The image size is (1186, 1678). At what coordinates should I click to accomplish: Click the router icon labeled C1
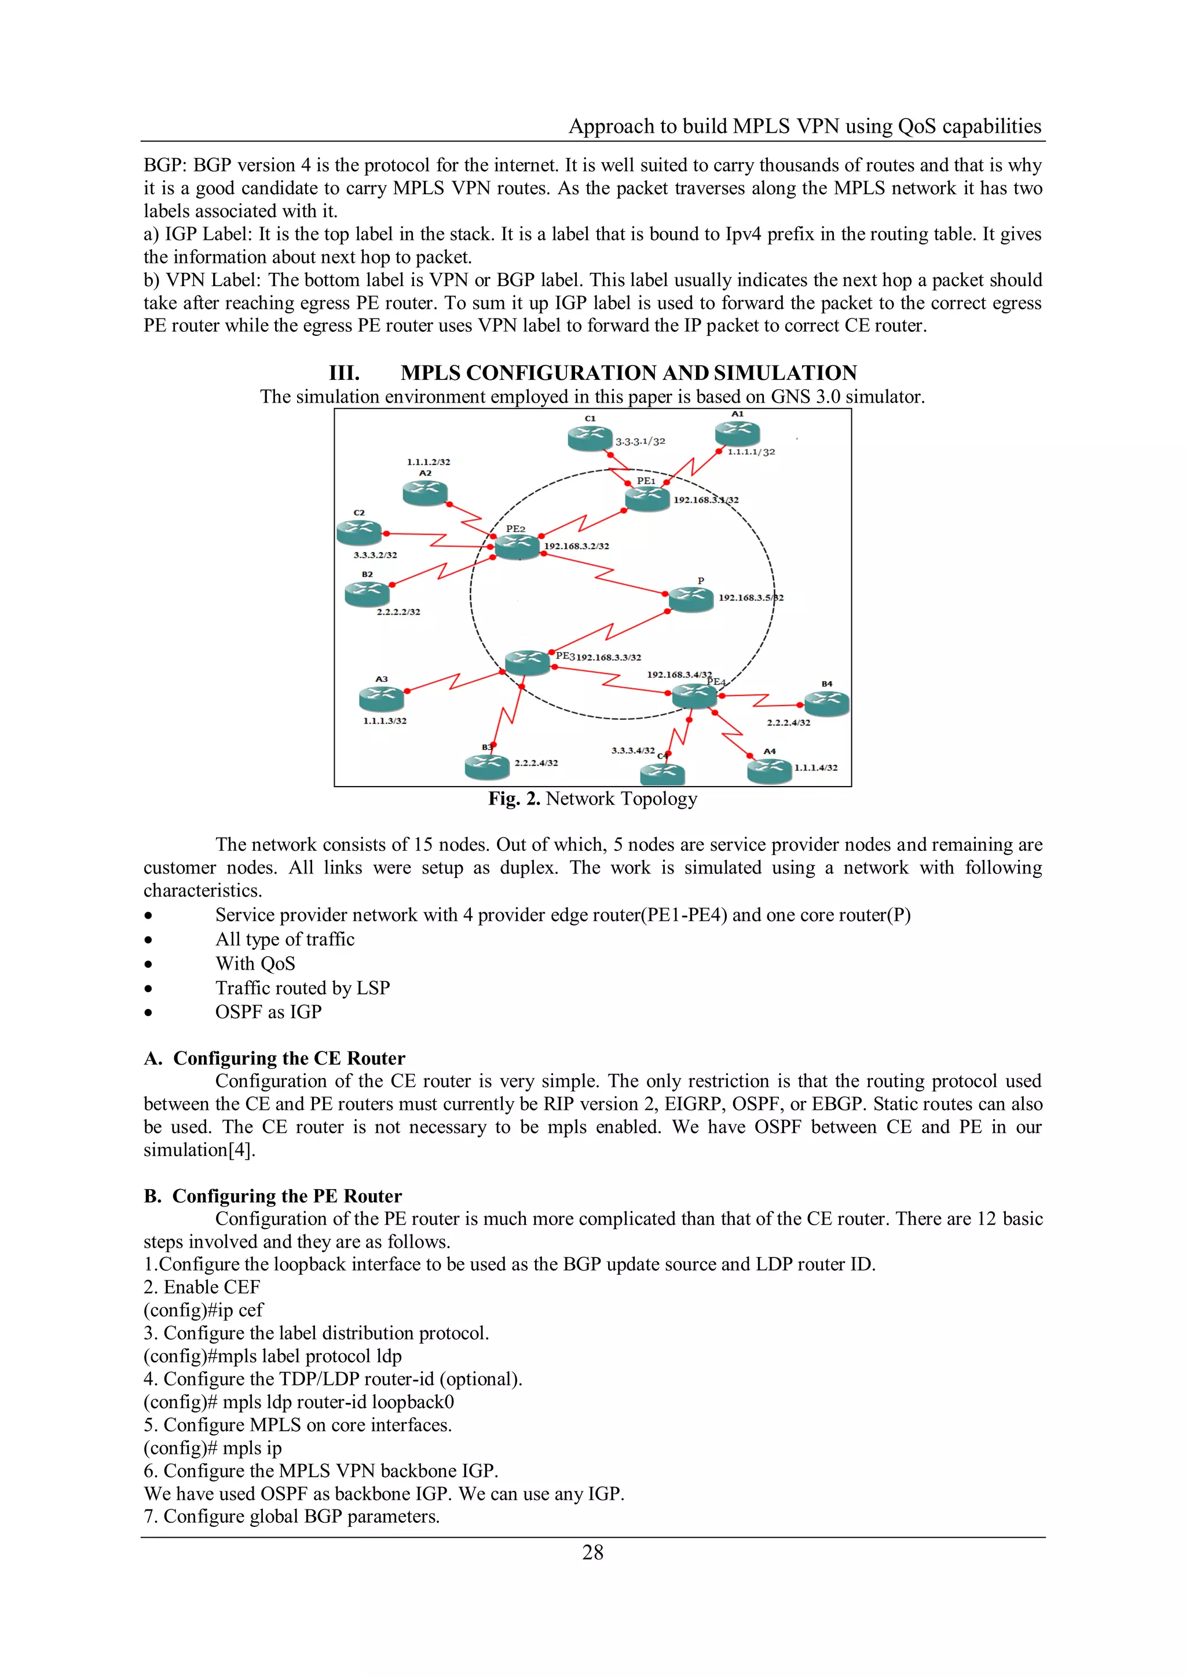[589, 437]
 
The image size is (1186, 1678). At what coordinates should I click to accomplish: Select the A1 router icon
[737, 433]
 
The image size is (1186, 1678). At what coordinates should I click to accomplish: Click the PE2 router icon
[517, 545]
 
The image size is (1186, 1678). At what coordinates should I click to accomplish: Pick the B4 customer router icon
[826, 703]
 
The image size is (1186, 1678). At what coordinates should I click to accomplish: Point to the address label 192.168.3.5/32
[751, 597]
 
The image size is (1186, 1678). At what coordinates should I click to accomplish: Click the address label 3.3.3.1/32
[640, 441]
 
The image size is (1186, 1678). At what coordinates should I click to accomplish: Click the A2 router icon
[424, 492]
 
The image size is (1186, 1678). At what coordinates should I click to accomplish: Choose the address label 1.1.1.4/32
[815, 767]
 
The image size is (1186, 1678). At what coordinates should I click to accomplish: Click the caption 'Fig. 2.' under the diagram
[514, 798]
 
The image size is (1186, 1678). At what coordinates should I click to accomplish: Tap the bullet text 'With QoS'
[255, 963]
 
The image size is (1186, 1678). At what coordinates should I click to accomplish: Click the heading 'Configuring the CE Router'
[288, 1058]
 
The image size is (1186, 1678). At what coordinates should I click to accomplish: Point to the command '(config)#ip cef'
[203, 1310]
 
